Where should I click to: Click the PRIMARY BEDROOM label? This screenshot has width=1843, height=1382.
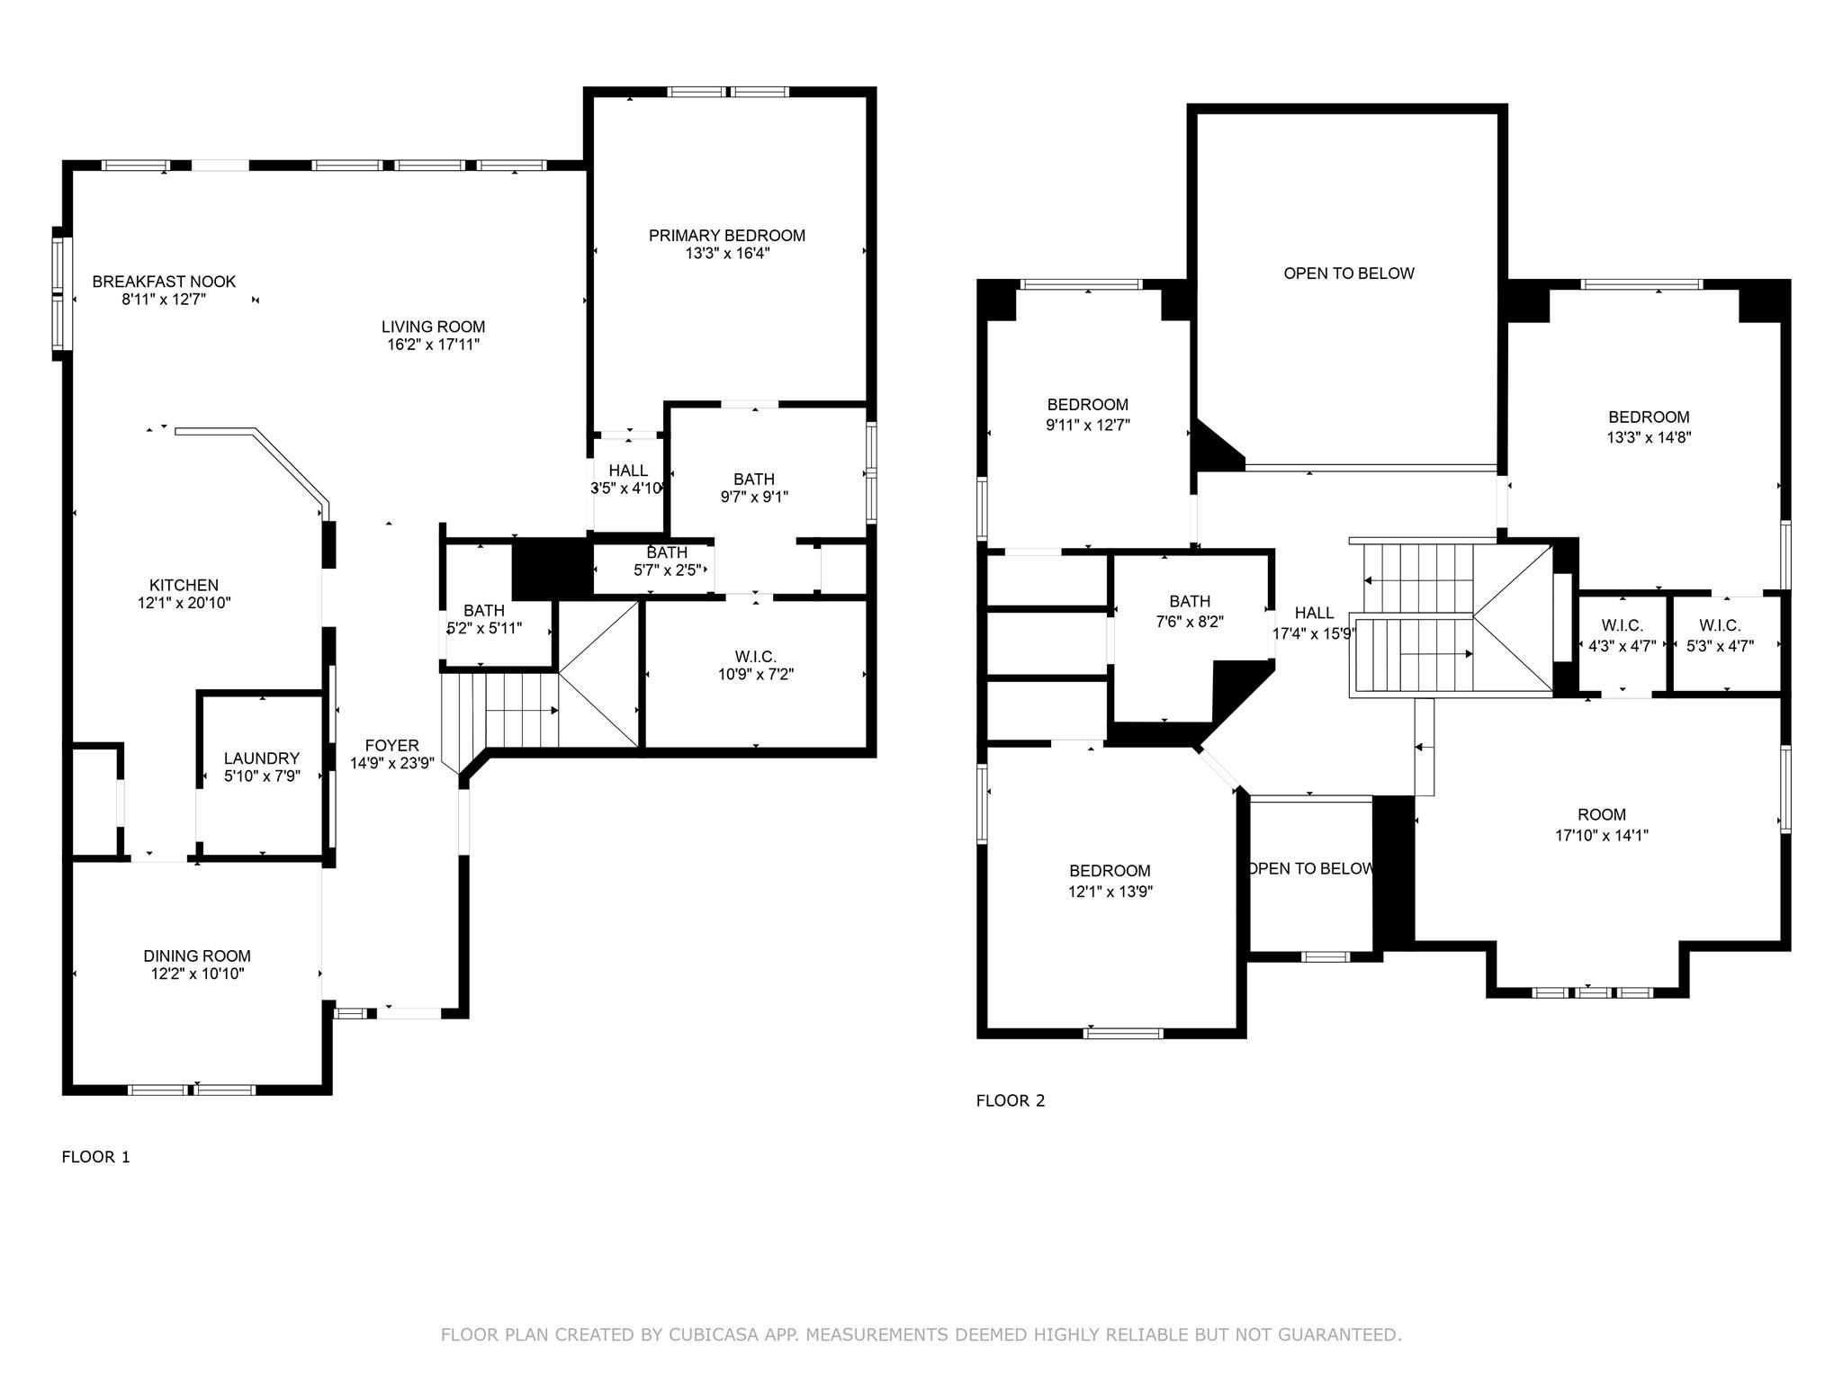pyautogui.click(x=726, y=236)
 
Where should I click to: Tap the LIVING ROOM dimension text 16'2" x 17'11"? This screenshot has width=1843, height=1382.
pyautogui.click(x=433, y=345)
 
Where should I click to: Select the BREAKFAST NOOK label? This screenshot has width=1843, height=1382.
pyautogui.click(x=164, y=282)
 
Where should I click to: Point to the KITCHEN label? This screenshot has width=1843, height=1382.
pyautogui.click(x=184, y=585)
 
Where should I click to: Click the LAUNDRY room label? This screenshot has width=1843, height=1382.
pyautogui.click(x=261, y=758)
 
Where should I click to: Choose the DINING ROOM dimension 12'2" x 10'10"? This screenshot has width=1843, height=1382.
pyautogui.click(x=197, y=974)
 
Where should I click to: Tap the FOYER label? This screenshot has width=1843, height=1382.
pyautogui.click(x=391, y=745)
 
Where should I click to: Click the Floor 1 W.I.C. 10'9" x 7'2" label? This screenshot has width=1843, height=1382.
pyautogui.click(x=755, y=657)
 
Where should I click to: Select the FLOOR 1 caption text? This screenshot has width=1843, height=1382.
pyautogui.click(x=95, y=1157)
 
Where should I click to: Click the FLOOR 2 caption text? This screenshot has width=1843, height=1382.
pyautogui.click(x=1011, y=1100)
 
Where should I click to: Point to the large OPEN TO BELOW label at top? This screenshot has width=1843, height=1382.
pyautogui.click(x=1348, y=274)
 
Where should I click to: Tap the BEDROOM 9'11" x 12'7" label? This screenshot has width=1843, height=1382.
pyautogui.click(x=1087, y=405)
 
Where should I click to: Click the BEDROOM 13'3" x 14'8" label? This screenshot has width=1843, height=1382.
pyautogui.click(x=1649, y=417)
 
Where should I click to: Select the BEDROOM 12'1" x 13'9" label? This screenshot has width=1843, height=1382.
pyautogui.click(x=1110, y=871)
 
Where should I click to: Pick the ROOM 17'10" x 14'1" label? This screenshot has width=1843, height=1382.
pyautogui.click(x=1601, y=814)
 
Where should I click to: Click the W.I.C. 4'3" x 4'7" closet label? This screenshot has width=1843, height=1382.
pyautogui.click(x=1622, y=625)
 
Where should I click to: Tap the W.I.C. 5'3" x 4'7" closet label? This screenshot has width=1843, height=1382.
pyautogui.click(x=1719, y=625)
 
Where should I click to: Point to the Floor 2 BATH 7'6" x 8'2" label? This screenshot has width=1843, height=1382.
pyautogui.click(x=1189, y=601)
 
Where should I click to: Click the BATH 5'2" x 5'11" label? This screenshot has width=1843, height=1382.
pyautogui.click(x=483, y=611)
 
